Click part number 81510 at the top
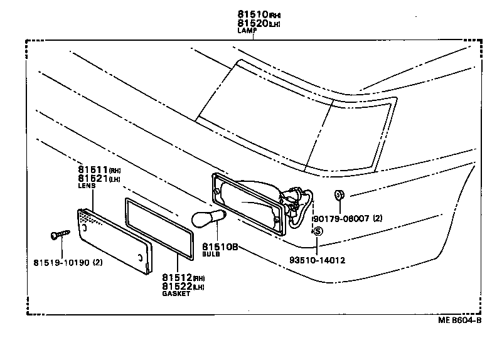point(252,13)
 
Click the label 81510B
point(220,247)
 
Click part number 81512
point(176,277)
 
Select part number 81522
point(176,286)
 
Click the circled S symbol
point(318,231)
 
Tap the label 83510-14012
point(317,259)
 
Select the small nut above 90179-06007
point(339,194)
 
